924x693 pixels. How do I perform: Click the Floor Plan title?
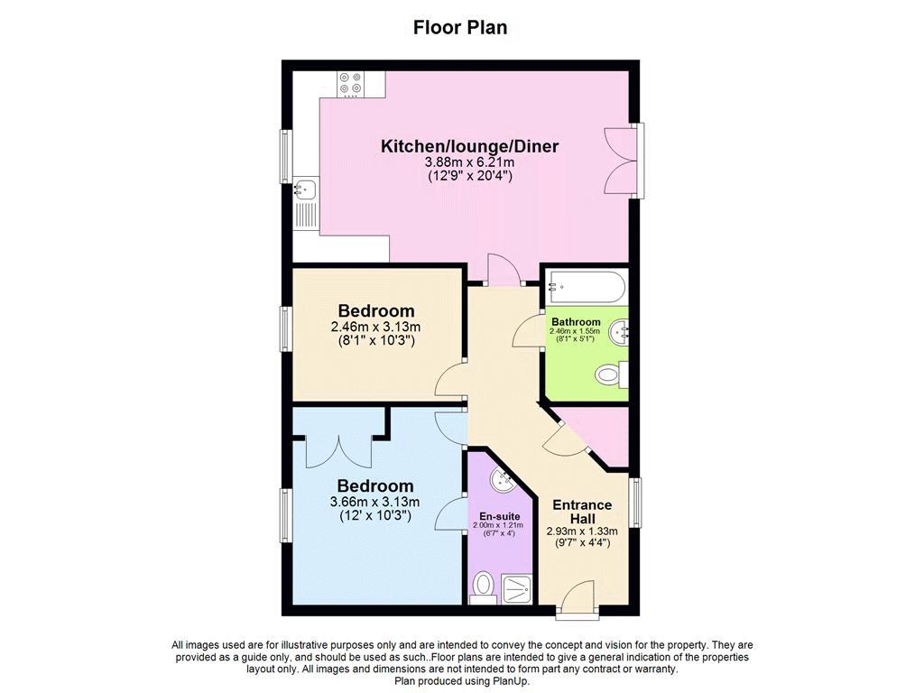coord(460,28)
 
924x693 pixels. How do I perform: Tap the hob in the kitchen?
coord(351,84)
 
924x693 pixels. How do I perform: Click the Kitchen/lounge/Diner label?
coord(469,146)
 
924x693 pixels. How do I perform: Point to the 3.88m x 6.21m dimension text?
coord(469,162)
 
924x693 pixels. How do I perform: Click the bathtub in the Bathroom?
coord(585,288)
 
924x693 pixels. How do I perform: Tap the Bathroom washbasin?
coord(619,333)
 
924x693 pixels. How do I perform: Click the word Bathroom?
coord(576,322)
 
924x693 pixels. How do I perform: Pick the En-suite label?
coord(500,517)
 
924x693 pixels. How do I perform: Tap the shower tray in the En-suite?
coord(517,589)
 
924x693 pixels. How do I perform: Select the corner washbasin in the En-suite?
coord(503,482)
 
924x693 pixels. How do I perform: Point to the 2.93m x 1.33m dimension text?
coord(582,531)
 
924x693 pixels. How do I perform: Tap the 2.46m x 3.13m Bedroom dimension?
coord(376,327)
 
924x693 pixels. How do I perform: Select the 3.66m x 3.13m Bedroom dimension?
coord(374,502)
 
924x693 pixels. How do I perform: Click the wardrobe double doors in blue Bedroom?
coord(339,451)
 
